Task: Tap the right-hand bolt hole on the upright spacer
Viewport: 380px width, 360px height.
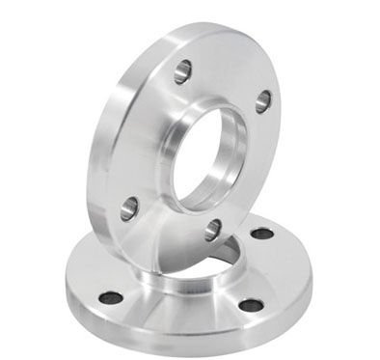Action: (x=262, y=100)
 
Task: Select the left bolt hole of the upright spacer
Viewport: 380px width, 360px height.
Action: (x=128, y=206)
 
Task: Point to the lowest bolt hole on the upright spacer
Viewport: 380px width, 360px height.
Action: (x=212, y=230)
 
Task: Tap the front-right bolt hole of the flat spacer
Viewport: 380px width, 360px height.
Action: (x=251, y=305)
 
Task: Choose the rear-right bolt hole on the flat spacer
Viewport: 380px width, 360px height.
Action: (x=261, y=234)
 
